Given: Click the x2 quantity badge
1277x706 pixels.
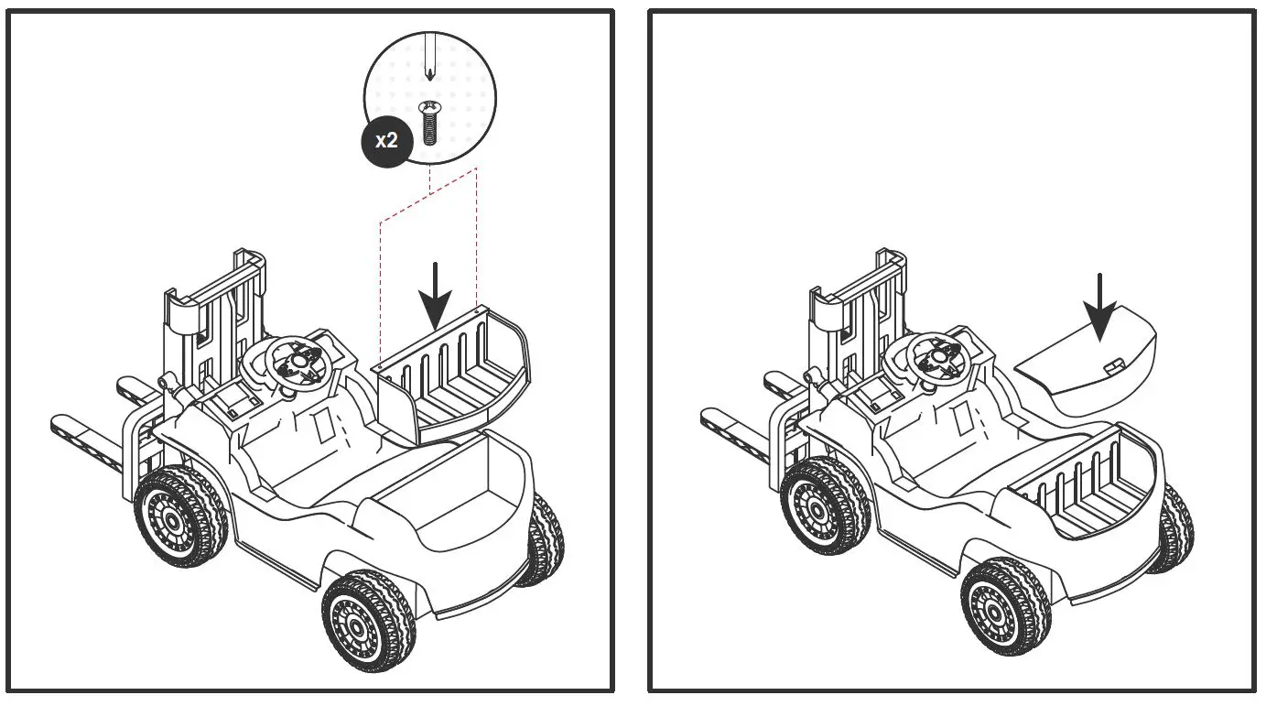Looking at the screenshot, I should coord(386,142).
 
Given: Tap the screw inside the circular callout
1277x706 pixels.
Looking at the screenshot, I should coord(429,124).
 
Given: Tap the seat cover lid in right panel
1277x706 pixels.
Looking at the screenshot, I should coord(1089,363).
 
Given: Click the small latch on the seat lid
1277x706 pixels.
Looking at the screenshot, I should coord(1114,366).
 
